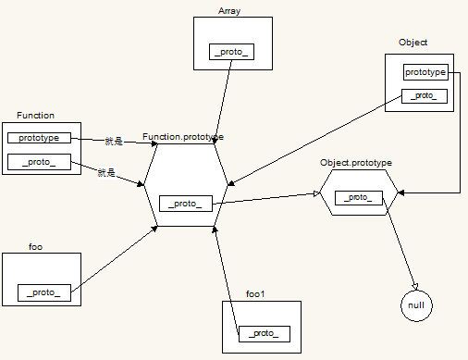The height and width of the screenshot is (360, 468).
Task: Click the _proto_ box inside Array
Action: point(231,52)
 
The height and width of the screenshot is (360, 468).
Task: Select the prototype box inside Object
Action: point(425,72)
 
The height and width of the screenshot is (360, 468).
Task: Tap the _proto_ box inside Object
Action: point(425,96)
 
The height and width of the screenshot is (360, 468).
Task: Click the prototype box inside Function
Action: point(39,138)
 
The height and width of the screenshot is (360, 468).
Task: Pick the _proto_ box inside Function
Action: point(39,162)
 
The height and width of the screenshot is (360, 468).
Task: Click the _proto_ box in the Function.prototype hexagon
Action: point(186,204)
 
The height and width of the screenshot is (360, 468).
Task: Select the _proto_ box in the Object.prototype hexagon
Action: point(359,198)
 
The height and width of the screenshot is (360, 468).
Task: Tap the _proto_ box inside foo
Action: point(44,292)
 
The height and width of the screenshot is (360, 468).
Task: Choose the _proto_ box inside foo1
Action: point(265,334)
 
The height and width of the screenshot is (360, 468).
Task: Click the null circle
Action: point(416,305)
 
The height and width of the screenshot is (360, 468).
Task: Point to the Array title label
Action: point(229,11)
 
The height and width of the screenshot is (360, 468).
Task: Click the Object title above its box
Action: point(413,43)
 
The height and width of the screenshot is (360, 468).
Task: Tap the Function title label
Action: point(35,116)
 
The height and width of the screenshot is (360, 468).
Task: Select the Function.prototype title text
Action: point(183,137)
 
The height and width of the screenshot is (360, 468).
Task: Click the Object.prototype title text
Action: point(356,163)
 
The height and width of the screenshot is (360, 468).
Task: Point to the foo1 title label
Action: point(255,294)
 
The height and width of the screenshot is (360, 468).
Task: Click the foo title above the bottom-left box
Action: point(35,247)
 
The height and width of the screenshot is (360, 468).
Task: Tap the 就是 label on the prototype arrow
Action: point(114,142)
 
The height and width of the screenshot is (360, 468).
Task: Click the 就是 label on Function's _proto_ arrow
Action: point(106,173)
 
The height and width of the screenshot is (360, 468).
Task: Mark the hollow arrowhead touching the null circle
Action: point(415,286)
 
